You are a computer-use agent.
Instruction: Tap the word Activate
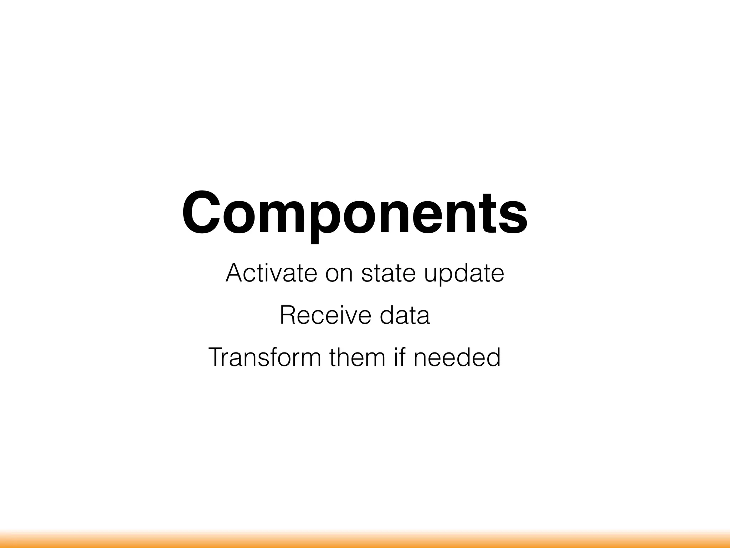(x=271, y=273)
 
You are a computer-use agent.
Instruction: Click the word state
(x=388, y=273)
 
